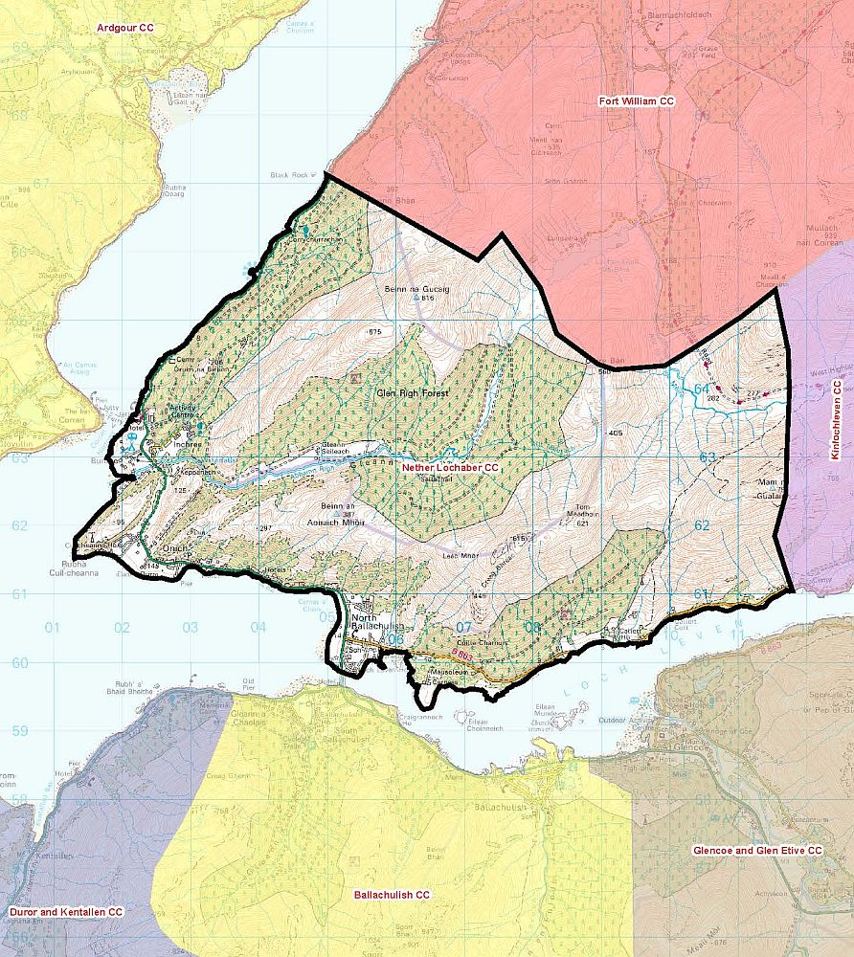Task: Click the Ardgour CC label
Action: pyautogui.click(x=124, y=28)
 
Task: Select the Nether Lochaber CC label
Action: pyautogui.click(x=450, y=467)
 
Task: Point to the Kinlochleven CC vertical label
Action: pyautogui.click(x=836, y=420)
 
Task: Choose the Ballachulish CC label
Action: pyautogui.click(x=392, y=895)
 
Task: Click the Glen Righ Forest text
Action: pyautogui.click(x=414, y=393)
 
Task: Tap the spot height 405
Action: pyautogui.click(x=615, y=434)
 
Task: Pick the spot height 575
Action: pyautogui.click(x=374, y=331)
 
